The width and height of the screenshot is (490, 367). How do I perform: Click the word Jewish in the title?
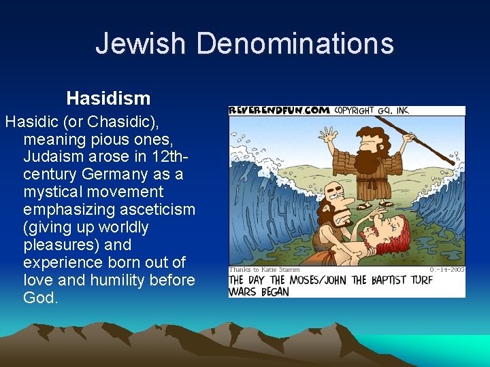[x=140, y=43]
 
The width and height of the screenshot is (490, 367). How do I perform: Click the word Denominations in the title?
[x=295, y=43]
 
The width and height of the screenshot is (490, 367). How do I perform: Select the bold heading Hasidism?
[x=108, y=99]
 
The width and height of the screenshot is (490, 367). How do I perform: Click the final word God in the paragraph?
[x=40, y=298]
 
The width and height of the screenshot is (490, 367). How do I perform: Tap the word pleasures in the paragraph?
[x=55, y=245]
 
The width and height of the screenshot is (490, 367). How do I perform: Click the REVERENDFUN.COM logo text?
[x=280, y=110]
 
